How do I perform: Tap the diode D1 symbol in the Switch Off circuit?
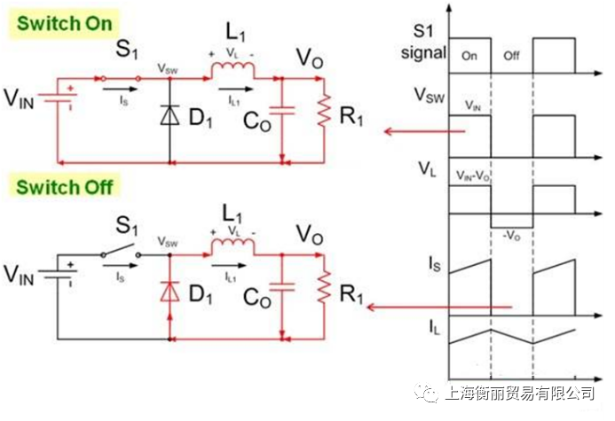[x=170, y=291]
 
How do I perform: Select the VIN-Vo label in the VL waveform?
[x=472, y=176]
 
